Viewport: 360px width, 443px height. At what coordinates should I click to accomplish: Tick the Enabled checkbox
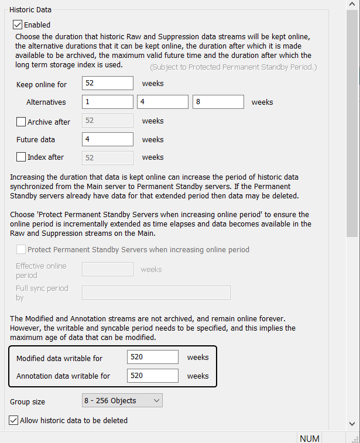coord(18,25)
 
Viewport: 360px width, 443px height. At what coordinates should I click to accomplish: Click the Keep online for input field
coord(108,83)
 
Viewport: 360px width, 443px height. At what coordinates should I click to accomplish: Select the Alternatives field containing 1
coord(108,102)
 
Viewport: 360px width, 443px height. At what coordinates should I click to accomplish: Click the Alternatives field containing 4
coord(163,102)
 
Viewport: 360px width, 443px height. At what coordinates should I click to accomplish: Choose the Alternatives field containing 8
coord(218,102)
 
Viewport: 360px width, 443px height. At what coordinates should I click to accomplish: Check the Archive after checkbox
coord(21,122)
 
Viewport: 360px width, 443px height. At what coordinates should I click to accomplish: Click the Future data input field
coord(108,139)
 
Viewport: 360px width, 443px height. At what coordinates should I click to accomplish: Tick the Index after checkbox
coord(21,157)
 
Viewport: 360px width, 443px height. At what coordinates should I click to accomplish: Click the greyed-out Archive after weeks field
coord(108,121)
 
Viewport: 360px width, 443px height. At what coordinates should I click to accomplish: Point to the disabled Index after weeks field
coord(108,157)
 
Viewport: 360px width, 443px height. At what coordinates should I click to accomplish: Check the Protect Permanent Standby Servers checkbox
coord(21,249)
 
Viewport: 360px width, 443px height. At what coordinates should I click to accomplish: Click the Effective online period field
coord(108,269)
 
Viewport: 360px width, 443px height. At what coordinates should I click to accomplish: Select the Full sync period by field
coord(156,292)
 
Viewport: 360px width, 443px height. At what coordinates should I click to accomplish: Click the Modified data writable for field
coord(152,357)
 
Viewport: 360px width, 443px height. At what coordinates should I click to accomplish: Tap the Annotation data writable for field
coord(152,376)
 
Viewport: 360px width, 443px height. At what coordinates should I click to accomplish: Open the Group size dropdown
coord(122,400)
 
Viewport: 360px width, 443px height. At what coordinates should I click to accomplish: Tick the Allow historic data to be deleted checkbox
coord(13,420)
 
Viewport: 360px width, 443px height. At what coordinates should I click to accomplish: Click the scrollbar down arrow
coord(352,423)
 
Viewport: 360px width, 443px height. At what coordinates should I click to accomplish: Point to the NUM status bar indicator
coord(310,438)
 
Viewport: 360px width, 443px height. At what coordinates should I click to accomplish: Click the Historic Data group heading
coord(30,9)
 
